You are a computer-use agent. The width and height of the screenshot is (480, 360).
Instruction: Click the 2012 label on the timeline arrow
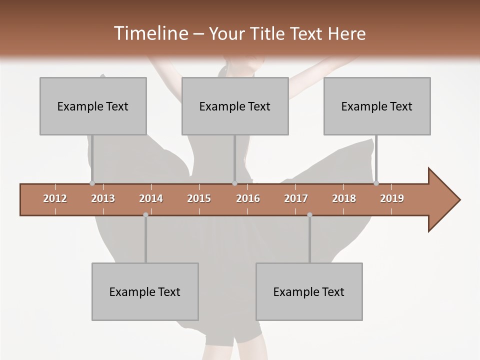point(55,198)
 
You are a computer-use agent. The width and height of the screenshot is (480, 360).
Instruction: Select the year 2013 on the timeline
point(103,198)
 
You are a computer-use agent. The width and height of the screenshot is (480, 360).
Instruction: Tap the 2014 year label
point(151,198)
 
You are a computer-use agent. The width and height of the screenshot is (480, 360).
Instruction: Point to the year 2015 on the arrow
point(199,198)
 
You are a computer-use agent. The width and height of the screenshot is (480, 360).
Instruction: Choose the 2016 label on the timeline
point(248,198)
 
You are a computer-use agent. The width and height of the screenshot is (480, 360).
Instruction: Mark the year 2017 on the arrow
point(296,198)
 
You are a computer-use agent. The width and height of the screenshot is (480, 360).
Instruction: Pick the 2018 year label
point(344,198)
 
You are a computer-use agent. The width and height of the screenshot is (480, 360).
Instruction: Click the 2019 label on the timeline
point(392,198)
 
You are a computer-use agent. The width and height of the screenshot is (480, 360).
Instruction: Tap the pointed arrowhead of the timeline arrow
point(445,200)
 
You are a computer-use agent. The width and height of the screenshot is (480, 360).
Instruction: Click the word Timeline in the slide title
point(150,33)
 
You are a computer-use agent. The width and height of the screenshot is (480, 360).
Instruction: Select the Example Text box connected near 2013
point(93,106)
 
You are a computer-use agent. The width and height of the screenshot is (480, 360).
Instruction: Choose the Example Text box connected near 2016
point(235,106)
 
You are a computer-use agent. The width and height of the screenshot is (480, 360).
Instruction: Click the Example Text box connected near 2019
point(377,106)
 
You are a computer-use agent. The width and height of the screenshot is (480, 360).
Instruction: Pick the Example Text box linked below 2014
point(145,291)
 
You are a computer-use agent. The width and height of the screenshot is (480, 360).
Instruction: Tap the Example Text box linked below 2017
point(309,291)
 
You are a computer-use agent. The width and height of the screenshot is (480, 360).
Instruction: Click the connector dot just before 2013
point(92,183)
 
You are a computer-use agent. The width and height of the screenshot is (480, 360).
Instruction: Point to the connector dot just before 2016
point(234,183)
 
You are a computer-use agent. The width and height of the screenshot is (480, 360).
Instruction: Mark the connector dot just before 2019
point(376,183)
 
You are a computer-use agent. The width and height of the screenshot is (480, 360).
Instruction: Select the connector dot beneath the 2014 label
point(145,215)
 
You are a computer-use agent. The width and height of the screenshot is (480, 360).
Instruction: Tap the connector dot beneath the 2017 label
point(309,215)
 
